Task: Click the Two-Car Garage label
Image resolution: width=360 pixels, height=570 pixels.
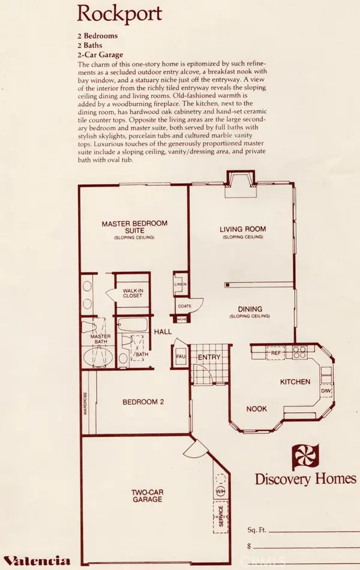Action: (148, 496)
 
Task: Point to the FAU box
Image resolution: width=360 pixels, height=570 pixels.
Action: (179, 356)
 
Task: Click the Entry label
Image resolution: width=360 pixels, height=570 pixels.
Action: (211, 358)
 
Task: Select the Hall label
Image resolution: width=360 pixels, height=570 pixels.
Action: (163, 332)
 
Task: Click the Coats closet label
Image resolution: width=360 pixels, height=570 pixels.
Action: (184, 305)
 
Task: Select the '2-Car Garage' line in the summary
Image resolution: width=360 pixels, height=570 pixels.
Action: (104, 55)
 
